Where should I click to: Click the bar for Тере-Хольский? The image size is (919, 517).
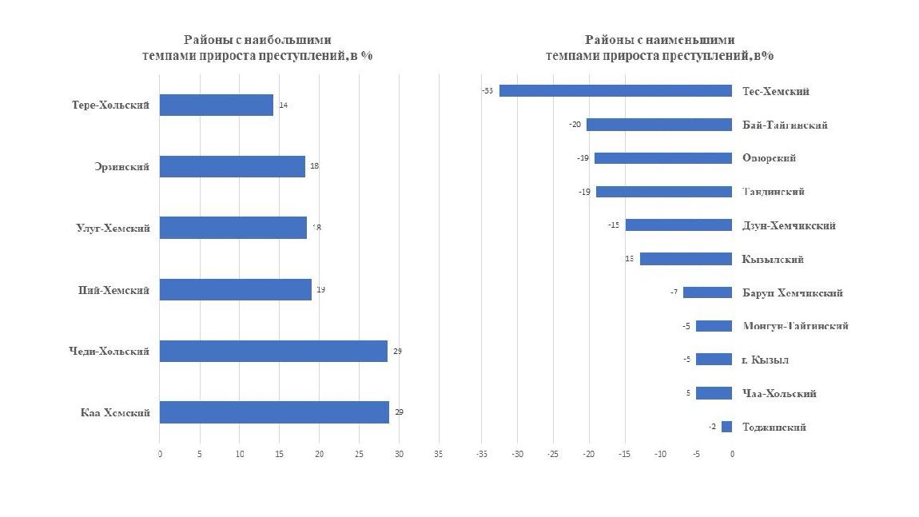216,105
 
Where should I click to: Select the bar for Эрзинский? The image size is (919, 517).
232,166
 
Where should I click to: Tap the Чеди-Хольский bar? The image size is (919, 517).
273,351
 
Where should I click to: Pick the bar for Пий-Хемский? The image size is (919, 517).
235,289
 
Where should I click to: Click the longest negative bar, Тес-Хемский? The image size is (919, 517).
615,91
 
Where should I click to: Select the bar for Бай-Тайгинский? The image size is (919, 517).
658,125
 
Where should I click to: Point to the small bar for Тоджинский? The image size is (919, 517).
726,427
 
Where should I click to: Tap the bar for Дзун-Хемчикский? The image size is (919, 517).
678,225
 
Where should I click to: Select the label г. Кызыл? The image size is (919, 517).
765,360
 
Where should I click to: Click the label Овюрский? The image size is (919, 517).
769,158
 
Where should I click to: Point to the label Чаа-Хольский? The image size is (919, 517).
778,393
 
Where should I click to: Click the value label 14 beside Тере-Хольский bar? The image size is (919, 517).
283,105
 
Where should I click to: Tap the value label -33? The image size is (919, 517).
487,91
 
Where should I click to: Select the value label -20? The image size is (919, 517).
575,125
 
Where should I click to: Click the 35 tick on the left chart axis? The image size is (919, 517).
439,454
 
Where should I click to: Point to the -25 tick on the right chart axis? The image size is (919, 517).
553,454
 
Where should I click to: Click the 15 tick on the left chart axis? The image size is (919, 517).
279,454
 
